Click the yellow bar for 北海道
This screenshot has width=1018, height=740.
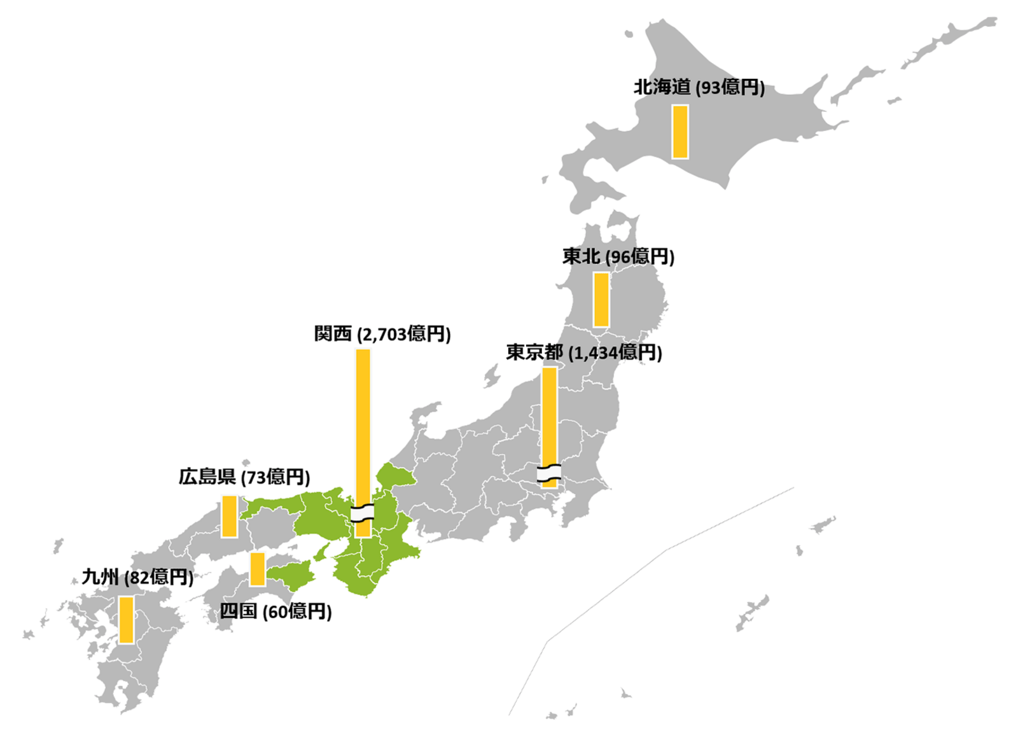680,132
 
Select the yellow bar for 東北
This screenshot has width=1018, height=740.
601,300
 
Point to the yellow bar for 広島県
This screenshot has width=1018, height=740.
229,516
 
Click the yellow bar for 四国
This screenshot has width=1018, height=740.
257,568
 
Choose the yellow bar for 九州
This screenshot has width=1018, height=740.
126,620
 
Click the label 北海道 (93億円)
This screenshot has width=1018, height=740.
699,87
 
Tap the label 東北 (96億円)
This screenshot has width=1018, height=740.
618,256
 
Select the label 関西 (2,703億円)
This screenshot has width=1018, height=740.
382,334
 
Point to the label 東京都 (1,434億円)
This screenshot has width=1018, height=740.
583,353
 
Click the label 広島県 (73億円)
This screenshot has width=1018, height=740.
244,477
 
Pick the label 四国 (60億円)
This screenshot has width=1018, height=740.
275,611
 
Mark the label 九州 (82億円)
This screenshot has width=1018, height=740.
137,577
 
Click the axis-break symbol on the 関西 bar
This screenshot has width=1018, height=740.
363,513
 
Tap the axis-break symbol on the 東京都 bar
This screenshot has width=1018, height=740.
549,473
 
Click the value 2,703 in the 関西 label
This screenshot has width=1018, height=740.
384,335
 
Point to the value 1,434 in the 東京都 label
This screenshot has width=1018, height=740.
596,353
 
